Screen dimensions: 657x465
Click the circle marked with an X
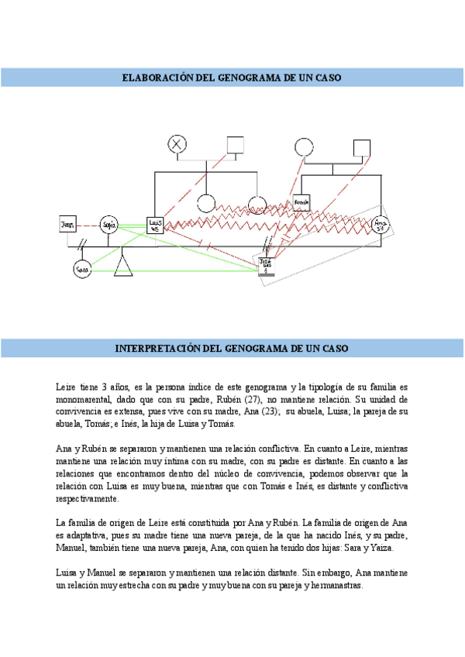pos(179,144)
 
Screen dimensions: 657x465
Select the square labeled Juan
pos(68,225)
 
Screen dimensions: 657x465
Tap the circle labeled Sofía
pos(108,225)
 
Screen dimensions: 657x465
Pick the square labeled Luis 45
pos(155,225)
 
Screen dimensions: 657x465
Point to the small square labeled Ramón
pos(301,202)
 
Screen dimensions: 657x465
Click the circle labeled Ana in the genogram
pos(380,225)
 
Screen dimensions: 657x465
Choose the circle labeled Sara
pos(82,269)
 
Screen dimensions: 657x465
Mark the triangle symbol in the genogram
pos(123,267)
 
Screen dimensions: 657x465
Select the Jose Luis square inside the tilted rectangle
pos(266,264)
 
